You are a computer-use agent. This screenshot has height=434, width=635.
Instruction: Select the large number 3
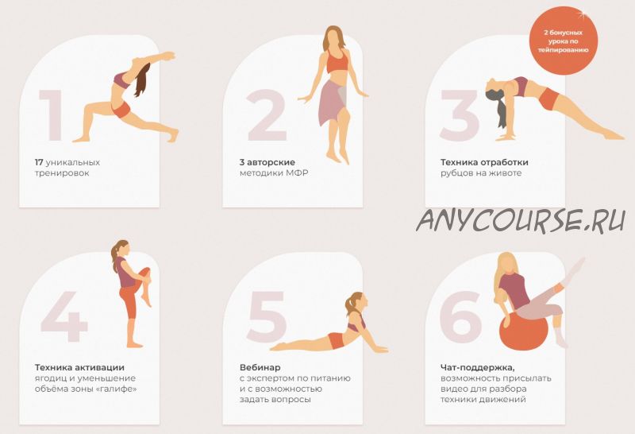[x=460, y=115]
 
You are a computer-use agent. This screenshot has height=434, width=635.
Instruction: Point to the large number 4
[x=64, y=316]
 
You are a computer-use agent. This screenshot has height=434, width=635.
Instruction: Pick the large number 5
[x=267, y=316]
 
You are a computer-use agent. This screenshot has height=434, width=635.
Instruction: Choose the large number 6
[x=461, y=316]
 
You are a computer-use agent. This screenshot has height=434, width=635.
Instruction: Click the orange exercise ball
[x=523, y=331]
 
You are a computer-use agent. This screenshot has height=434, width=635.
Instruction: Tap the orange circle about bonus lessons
[x=563, y=41]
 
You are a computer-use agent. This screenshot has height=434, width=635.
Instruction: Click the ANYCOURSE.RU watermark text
[x=521, y=220]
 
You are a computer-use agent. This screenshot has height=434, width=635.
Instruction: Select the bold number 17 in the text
[x=39, y=162]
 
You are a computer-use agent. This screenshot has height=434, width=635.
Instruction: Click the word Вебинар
[x=260, y=367]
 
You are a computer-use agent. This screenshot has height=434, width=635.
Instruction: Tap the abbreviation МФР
[x=297, y=173]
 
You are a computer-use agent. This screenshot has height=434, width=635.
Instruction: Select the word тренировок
[x=62, y=173]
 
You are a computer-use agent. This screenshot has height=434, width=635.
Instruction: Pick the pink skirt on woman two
[x=332, y=102]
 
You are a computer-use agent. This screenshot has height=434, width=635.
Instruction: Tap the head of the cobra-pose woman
[x=357, y=302]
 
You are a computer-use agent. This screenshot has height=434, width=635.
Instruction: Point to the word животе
[x=507, y=173]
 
